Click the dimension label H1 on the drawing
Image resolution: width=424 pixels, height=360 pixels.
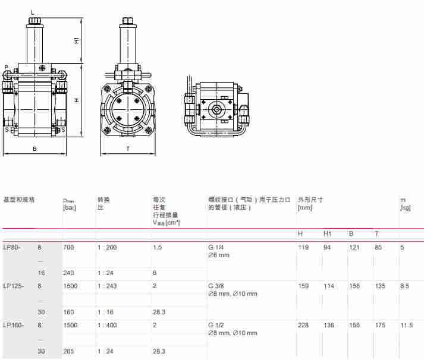pyautogui.click(x=77, y=40)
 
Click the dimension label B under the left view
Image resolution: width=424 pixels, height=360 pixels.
pyautogui.click(x=34, y=149)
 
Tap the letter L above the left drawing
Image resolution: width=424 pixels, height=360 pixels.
pyautogui.click(x=32, y=12)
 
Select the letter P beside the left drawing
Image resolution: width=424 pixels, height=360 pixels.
pyautogui.click(x=5, y=67)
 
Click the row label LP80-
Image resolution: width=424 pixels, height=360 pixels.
pyautogui.click(x=12, y=247)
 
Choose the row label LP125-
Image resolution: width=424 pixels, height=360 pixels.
pyautogui.click(x=13, y=286)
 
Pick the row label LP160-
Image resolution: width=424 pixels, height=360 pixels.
pyautogui.click(x=13, y=325)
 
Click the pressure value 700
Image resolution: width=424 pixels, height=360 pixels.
pyautogui.click(x=68, y=247)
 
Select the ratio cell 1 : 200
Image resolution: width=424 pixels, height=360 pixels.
pyautogui.click(x=108, y=247)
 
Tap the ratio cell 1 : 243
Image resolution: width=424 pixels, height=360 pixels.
pyautogui.click(x=108, y=286)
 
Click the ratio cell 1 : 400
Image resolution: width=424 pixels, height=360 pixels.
pyautogui.click(x=108, y=325)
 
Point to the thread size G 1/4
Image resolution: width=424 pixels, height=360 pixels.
pyautogui.click(x=215, y=247)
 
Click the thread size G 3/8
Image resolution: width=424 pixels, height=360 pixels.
pyautogui.click(x=215, y=286)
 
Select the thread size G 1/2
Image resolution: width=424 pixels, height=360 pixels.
pyautogui.click(x=215, y=325)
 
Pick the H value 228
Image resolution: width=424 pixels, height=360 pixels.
pyautogui.click(x=303, y=325)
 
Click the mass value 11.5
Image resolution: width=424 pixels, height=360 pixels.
pyautogui.click(x=407, y=325)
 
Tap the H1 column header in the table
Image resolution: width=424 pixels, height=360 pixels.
pyautogui.click(x=328, y=233)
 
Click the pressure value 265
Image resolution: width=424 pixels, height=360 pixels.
pyautogui.click(x=68, y=351)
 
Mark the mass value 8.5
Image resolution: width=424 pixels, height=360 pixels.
pyautogui.click(x=405, y=286)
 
